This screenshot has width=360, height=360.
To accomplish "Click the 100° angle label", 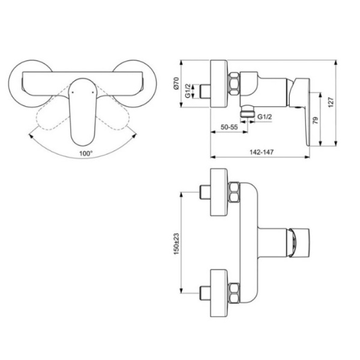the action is [86, 153].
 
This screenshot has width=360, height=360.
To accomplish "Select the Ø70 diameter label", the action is [176, 83].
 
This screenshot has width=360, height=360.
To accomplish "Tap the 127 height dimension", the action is [331, 102].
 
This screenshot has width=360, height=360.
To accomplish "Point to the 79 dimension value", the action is [316, 121].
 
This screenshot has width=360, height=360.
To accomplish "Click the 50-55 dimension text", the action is [229, 127].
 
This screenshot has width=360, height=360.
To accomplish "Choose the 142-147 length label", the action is [262, 152].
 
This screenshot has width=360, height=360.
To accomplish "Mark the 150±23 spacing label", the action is [176, 244].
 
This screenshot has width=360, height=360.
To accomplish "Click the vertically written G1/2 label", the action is [188, 91].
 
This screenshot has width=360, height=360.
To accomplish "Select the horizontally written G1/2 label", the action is [265, 116].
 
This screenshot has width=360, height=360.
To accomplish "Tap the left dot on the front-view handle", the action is [73, 92].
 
